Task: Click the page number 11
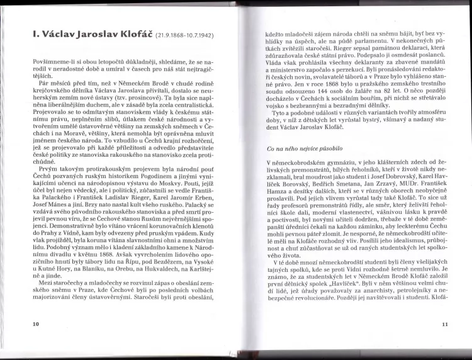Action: click(x=445, y=324)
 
